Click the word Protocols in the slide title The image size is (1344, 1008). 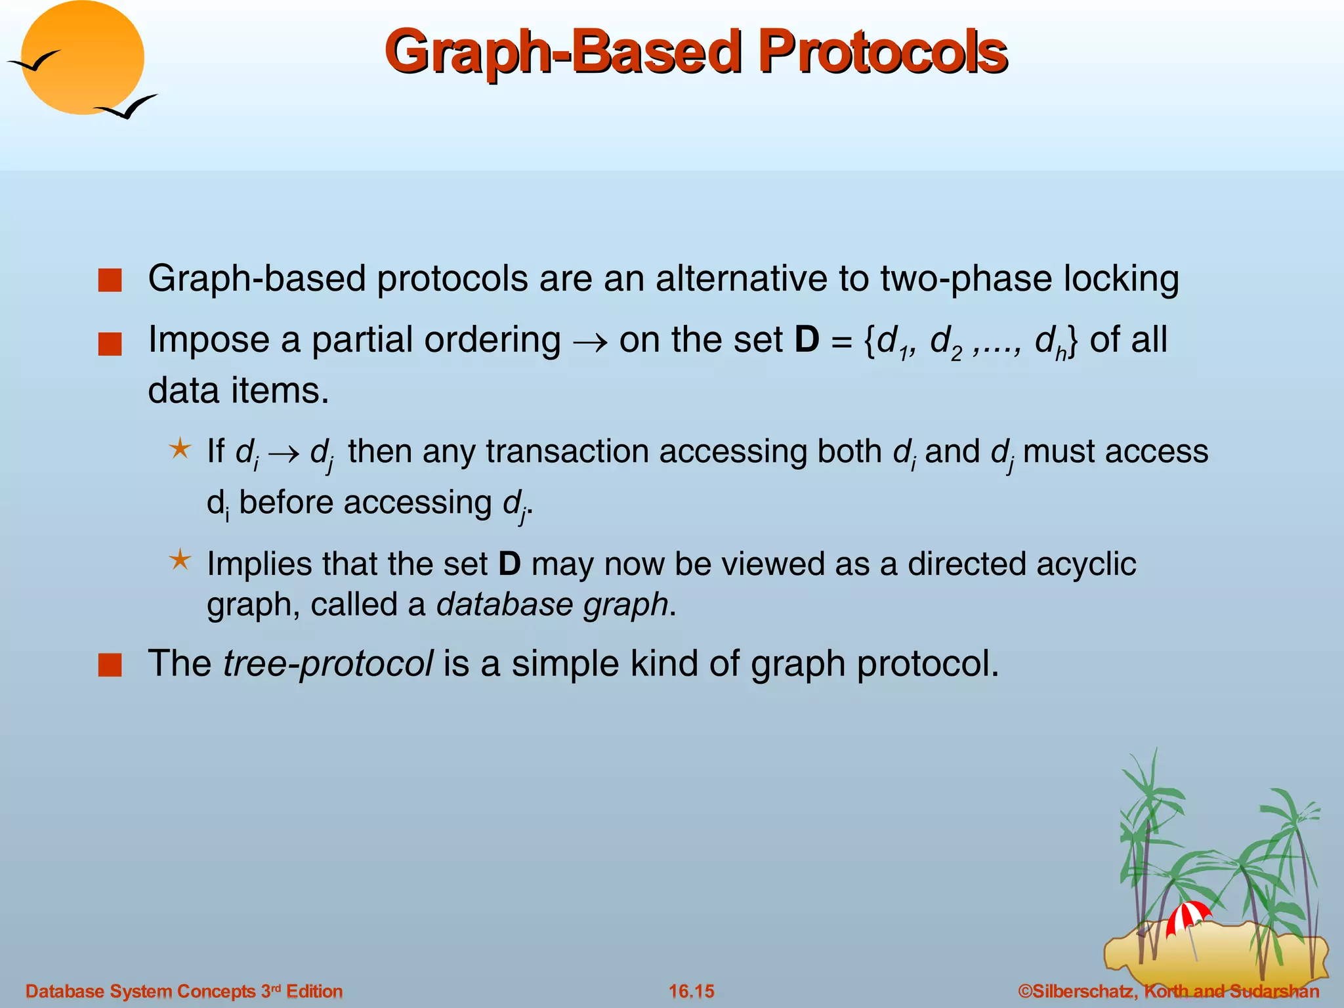tap(881, 52)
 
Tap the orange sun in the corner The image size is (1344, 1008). tap(83, 58)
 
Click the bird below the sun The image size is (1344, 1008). tap(127, 107)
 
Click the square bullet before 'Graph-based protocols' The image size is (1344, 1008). tap(110, 281)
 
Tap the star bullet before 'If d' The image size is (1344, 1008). tap(180, 450)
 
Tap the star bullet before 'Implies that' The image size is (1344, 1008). tap(180, 560)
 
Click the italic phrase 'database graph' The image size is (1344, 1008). tap(552, 604)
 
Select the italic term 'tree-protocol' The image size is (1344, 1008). tap(327, 663)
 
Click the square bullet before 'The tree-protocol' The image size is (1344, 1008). tap(110, 665)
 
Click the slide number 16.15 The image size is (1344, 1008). tap(691, 991)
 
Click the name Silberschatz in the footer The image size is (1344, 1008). tap(1083, 991)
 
